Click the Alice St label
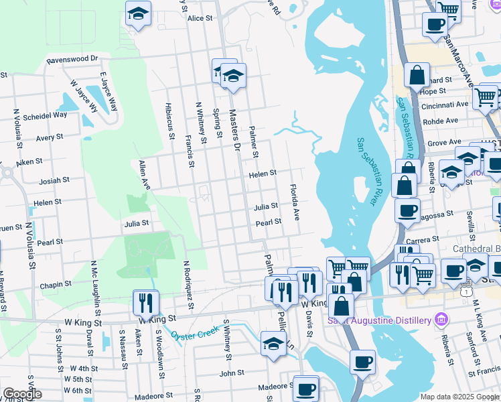[200, 19]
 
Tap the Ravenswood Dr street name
[72, 60]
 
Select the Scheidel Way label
[45, 115]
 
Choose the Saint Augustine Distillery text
[379, 320]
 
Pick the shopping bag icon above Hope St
[417, 75]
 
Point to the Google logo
[22, 394]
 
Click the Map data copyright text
[459, 397]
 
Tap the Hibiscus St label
[170, 118]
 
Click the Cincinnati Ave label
[445, 105]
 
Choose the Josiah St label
[54, 180]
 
